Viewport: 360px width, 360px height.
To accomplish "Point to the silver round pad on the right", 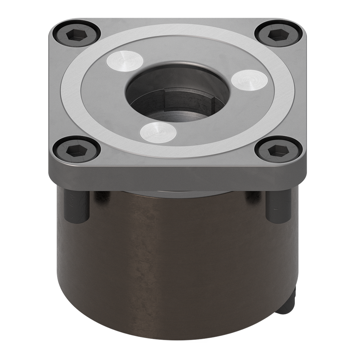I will (x=250, y=79).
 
